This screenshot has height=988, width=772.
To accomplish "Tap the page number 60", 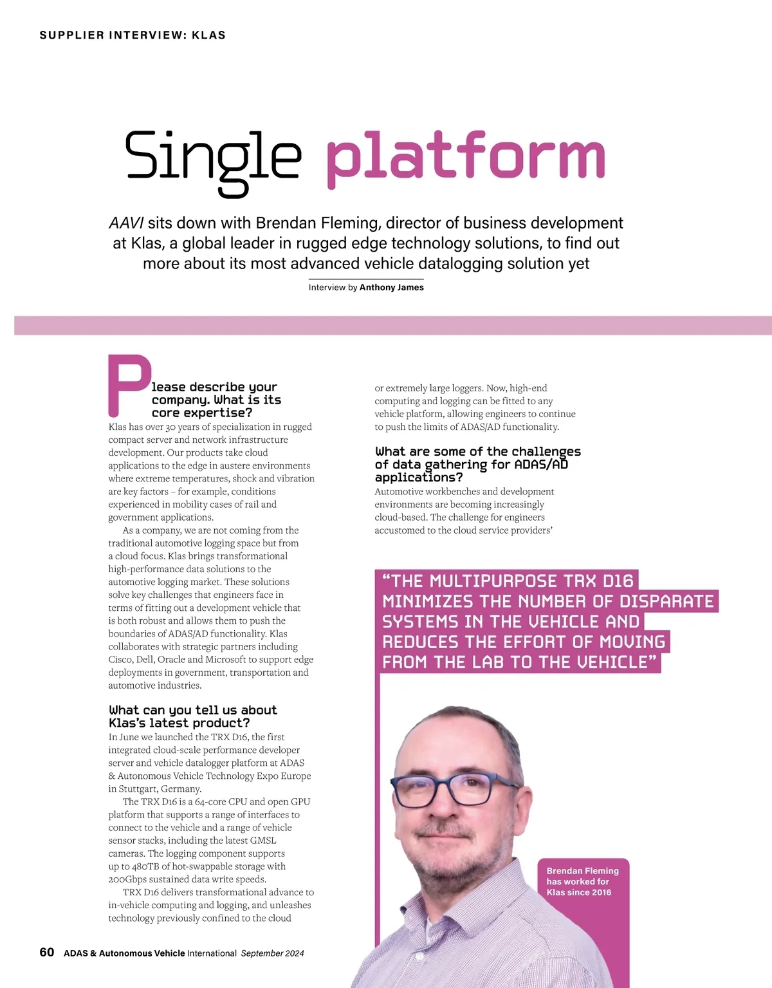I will tap(47, 953).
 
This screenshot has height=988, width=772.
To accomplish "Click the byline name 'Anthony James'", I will tap(391, 288).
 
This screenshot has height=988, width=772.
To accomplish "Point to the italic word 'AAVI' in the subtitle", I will tap(126, 223).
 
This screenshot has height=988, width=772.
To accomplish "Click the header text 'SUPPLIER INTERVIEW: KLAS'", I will tap(133, 35).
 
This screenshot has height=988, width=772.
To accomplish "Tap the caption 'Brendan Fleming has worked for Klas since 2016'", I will tap(582, 882).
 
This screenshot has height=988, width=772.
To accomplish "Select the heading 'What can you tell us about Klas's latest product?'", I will tap(193, 716).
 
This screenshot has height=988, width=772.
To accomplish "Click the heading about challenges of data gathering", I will tap(477, 464).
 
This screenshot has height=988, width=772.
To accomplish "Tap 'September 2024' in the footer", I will tap(272, 953).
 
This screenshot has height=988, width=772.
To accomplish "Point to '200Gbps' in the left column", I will tap(129, 879).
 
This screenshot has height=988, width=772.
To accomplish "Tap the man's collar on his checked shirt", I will tap(412, 901).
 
